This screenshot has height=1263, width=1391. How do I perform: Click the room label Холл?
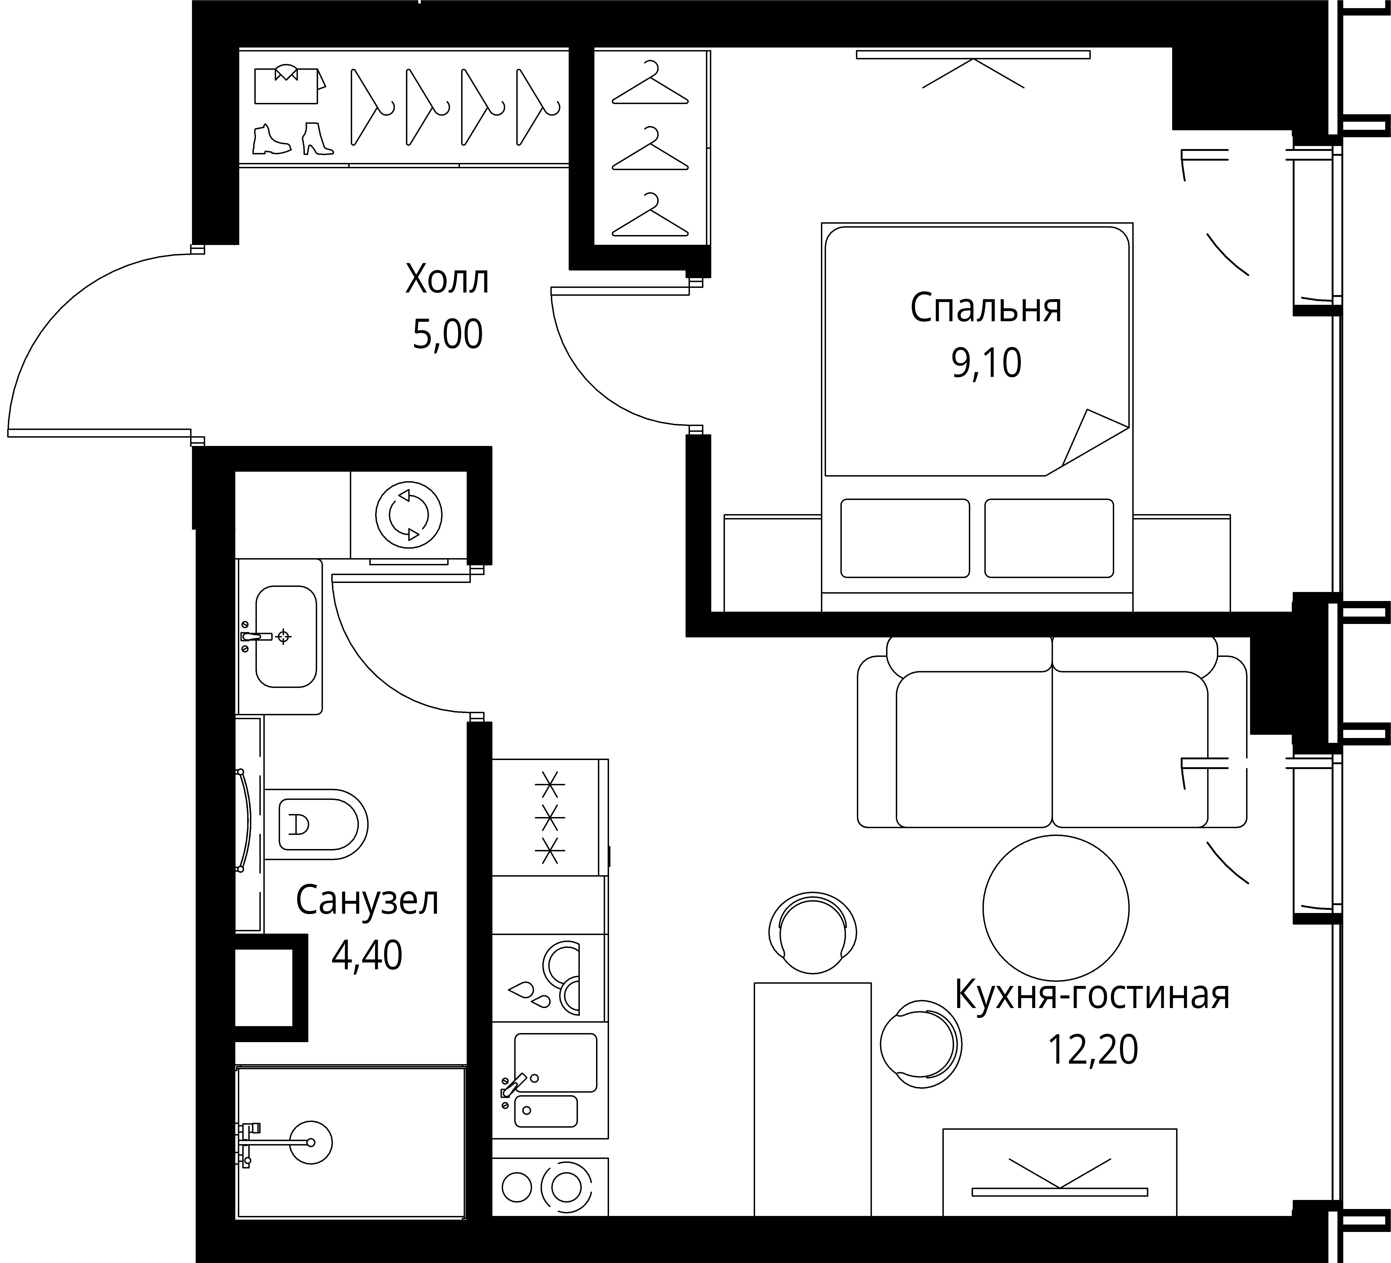(447, 279)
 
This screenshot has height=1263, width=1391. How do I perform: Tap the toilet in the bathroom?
(316, 824)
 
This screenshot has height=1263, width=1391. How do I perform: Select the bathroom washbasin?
(286, 637)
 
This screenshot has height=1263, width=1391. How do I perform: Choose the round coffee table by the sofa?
(1056, 908)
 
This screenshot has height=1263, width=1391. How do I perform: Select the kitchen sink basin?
(555, 1062)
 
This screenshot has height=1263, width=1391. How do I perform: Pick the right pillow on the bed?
(1049, 538)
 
